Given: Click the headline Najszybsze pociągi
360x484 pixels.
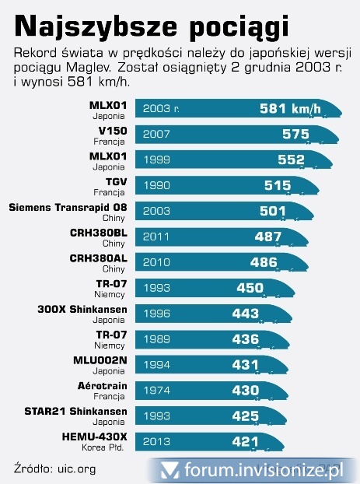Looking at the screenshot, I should [152, 26].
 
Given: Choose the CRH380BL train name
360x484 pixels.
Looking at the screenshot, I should [98, 233].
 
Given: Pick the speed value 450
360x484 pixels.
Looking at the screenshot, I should [250, 288].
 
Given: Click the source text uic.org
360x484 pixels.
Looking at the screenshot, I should [77, 468].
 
